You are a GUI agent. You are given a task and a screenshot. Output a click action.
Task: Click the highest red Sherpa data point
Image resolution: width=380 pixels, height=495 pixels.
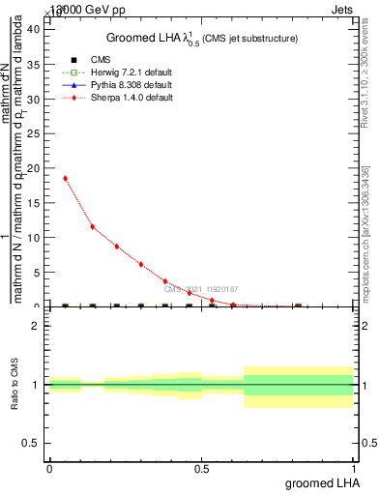tap(65, 178)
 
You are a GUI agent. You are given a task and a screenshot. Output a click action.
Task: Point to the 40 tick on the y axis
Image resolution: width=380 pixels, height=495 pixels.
tap(34, 28)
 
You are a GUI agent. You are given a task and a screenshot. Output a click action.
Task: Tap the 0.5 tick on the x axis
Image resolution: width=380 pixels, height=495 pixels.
tap(201, 469)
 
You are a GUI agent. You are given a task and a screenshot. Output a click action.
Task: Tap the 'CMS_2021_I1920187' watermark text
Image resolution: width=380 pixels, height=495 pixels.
tap(200, 289)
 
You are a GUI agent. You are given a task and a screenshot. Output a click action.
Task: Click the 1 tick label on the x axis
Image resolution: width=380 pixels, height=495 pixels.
tap(354, 469)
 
